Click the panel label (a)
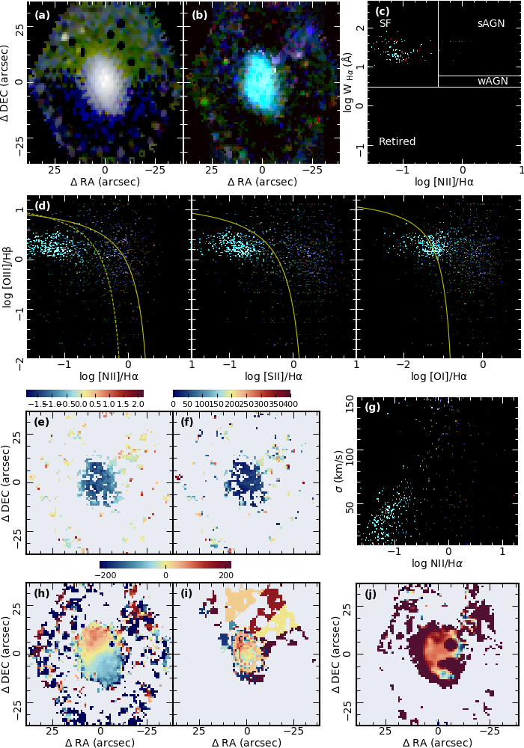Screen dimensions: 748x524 coord(42,14)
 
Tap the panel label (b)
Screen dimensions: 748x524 coord(200,14)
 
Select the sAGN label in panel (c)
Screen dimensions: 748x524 coord(490,24)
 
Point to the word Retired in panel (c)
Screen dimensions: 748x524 coord(397,141)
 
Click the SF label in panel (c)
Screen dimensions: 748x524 coord(386,24)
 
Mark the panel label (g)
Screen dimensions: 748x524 coord(373,408)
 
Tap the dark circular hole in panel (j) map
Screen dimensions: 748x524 coord(451,643)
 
